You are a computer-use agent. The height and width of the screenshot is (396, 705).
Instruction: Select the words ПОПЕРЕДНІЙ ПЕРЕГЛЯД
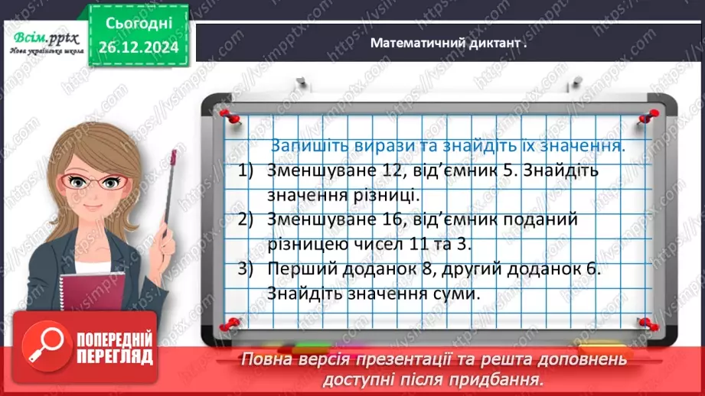pos(114,347)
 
